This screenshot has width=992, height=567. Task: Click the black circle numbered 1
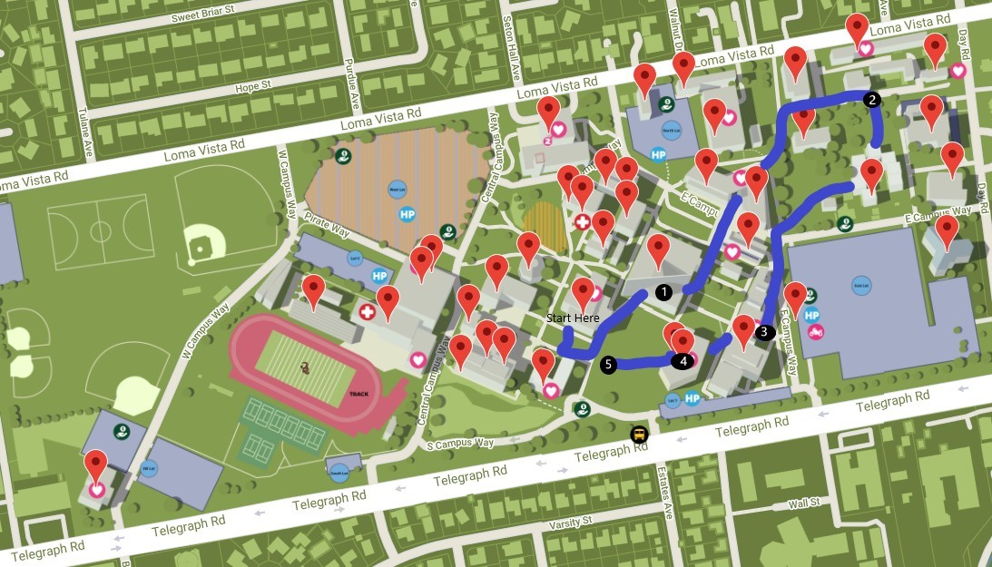pyautogui.click(x=663, y=292)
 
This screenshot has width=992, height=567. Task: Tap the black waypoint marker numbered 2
pyautogui.click(x=872, y=100)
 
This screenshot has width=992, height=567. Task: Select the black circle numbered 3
pyautogui.click(x=763, y=332)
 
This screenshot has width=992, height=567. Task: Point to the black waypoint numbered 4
pyautogui.click(x=683, y=360)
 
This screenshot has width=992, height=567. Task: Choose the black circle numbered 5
pyautogui.click(x=608, y=365)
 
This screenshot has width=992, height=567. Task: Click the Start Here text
pyautogui.click(x=573, y=318)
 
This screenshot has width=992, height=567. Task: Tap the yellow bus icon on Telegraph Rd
pyautogui.click(x=640, y=434)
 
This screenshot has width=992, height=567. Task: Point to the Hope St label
pyautogui.click(x=253, y=87)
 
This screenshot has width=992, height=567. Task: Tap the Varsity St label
pyautogui.click(x=572, y=523)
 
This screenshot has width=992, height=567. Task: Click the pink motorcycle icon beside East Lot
pyautogui.click(x=817, y=332)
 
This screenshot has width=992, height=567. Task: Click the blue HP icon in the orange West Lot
pyautogui.click(x=408, y=215)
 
